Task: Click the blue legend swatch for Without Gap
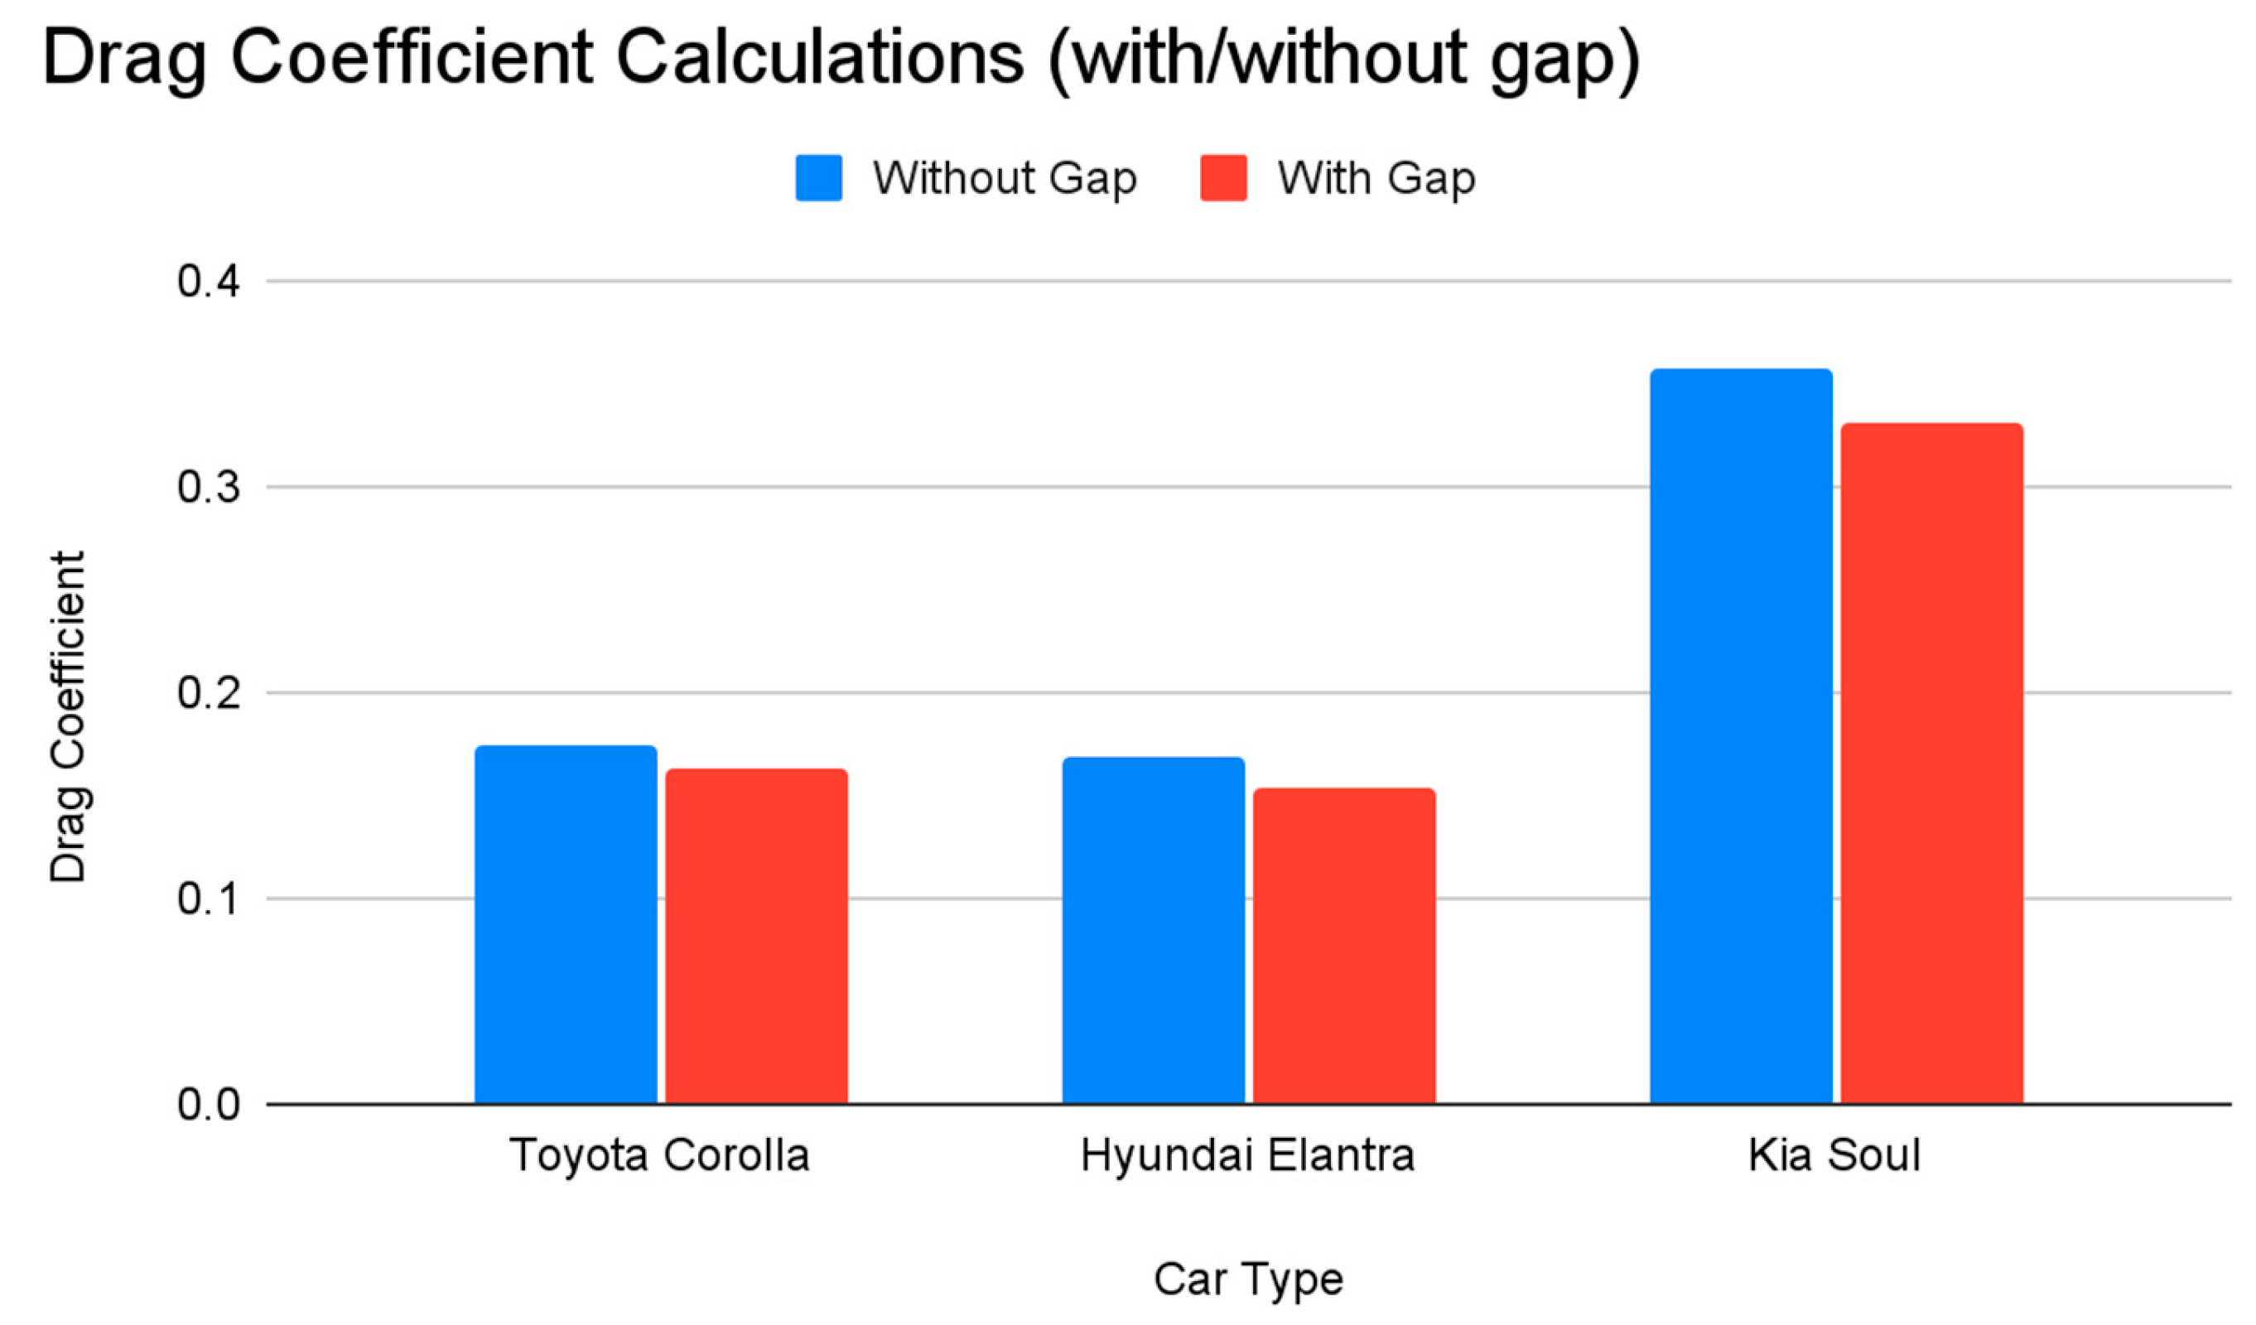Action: (818, 178)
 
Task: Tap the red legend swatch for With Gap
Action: (1223, 178)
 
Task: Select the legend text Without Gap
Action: (1005, 178)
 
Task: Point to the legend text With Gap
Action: (1376, 178)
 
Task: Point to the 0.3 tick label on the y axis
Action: (210, 488)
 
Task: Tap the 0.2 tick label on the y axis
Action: (210, 693)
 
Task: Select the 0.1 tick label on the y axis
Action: (210, 899)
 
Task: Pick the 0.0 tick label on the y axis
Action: (210, 1105)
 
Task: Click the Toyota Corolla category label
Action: (660, 1156)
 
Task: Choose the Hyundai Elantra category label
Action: (1248, 1156)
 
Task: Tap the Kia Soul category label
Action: (1835, 1156)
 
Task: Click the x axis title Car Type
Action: (1248, 1279)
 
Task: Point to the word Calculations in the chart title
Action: (819, 58)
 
